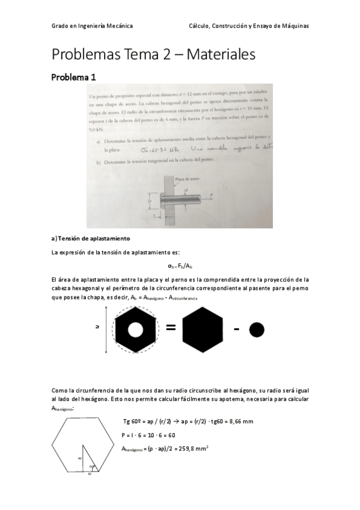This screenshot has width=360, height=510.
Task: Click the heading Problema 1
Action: [x=74, y=77]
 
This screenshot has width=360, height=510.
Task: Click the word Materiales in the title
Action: [x=221, y=54]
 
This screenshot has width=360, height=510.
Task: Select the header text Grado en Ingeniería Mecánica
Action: [x=93, y=26]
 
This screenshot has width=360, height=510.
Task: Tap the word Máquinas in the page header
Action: [x=294, y=26]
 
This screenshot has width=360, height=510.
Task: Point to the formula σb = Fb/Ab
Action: [x=180, y=265]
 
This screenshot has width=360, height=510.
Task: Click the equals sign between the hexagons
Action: [x=171, y=328]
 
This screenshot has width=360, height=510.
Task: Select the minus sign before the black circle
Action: [x=236, y=329]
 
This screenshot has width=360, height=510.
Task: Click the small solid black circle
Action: [x=257, y=330]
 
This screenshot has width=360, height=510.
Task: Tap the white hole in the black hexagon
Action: [x=135, y=330]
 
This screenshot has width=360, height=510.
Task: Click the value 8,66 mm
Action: [x=240, y=422]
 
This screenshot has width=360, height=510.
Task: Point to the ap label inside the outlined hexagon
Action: [x=79, y=457]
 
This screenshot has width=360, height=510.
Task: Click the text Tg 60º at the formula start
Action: [x=133, y=422]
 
